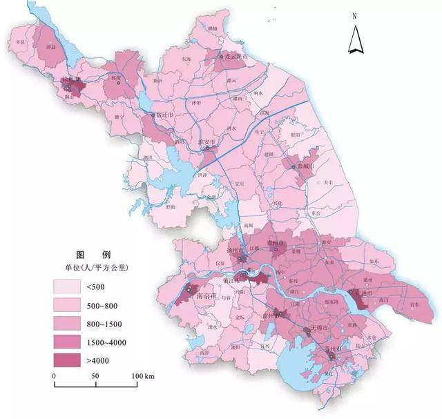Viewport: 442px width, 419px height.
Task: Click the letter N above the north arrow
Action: [354, 15]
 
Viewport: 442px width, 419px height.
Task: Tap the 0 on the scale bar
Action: [55, 376]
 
